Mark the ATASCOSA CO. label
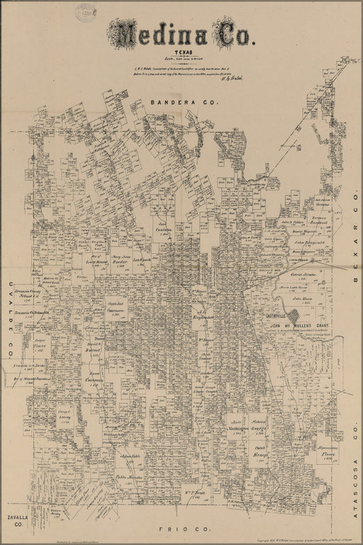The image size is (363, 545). click(x=352, y=440)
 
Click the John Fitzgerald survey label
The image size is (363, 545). click(x=310, y=241)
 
